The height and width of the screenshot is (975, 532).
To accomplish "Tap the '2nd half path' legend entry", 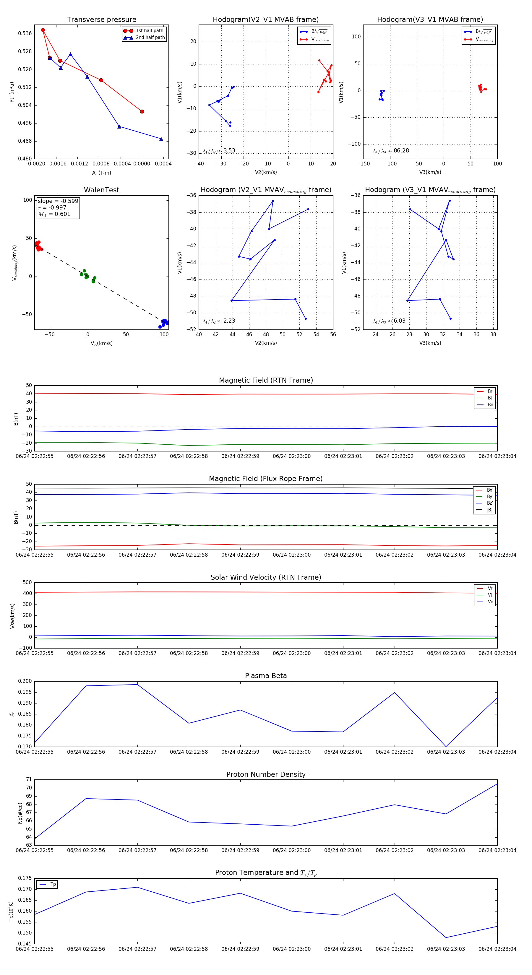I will tap(150, 38).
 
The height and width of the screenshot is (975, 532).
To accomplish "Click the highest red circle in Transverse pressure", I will tap(43, 30).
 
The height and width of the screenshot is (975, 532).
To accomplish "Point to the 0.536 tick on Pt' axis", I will tap(25, 34).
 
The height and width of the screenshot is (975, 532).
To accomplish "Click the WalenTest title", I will tap(101, 190).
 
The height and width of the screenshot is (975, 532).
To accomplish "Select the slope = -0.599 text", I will tap(58, 201).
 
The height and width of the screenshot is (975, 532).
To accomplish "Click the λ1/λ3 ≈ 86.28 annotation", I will tap(391, 151).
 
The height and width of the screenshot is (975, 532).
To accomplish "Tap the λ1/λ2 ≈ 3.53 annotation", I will tap(219, 151).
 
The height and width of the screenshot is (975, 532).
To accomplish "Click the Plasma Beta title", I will tap(266, 676).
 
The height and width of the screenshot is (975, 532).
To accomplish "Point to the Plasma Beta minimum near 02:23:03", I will tap(446, 746).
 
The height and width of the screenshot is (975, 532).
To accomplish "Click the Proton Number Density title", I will tap(266, 774).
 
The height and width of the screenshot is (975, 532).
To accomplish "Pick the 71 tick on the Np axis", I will tap(29, 780).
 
